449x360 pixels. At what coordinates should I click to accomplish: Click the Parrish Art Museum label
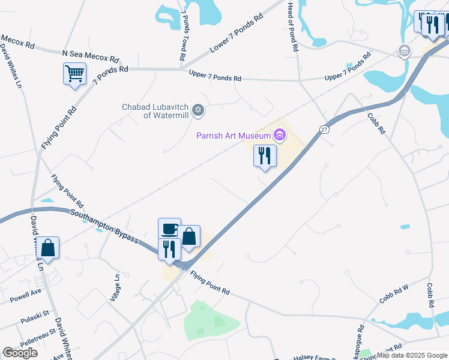234,136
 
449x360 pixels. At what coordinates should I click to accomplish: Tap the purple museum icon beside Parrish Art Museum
279,136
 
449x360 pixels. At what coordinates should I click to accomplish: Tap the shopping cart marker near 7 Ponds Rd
74,74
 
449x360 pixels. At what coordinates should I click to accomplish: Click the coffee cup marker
169,229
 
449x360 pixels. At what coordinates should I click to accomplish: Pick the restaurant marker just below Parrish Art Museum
264,156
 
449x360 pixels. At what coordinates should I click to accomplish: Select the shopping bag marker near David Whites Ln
47,247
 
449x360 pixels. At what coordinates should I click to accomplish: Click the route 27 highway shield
324,130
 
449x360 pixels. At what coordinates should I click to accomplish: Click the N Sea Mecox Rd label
90,58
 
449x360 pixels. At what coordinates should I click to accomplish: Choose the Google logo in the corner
20,353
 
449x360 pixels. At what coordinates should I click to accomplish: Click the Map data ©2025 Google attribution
412,355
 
